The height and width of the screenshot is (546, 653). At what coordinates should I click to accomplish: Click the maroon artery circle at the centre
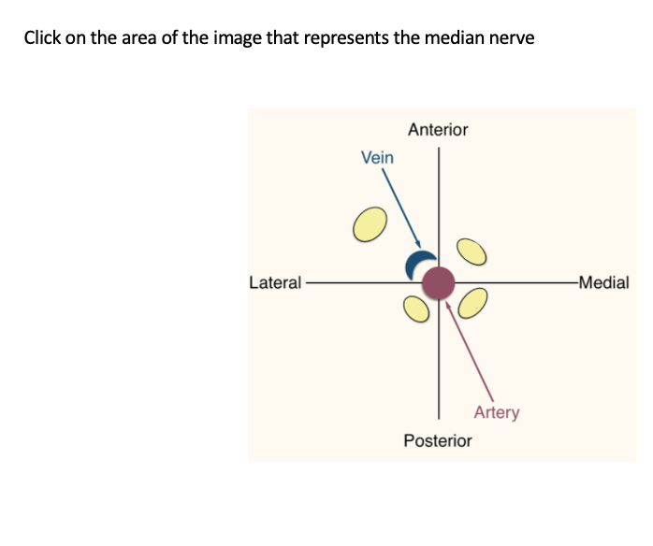438,281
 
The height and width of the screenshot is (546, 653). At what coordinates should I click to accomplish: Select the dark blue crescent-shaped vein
415,264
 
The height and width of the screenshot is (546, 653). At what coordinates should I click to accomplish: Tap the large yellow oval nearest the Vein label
369,223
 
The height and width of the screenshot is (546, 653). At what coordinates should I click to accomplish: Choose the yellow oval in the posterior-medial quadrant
472,303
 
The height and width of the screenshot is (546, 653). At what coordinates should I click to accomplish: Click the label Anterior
438,130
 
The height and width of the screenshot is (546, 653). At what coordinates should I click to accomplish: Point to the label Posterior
438,439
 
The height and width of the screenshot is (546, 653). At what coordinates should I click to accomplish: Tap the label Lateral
275,281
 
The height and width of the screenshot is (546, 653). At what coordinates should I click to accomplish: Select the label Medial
604,281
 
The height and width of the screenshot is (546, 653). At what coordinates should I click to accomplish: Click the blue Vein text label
377,158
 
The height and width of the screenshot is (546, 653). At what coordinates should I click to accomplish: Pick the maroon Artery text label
496,411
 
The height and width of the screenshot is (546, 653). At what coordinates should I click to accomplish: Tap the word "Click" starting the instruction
43,38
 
